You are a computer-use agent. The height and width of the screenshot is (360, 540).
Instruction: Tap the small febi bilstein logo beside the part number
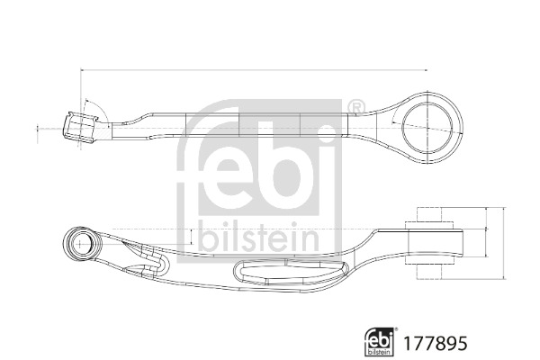click(380, 342)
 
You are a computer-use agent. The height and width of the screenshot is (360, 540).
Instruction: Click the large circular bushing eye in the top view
click(427, 127)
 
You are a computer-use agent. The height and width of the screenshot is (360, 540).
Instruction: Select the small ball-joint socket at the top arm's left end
click(81, 127)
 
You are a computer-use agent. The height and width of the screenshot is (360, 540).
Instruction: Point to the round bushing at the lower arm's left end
click(81, 244)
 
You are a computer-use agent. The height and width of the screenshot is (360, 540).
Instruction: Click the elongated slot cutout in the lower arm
click(291, 272)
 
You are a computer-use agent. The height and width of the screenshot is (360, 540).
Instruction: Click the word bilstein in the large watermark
click(259, 237)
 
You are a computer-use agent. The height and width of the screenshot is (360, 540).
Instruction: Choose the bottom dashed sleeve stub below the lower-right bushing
click(429, 271)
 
